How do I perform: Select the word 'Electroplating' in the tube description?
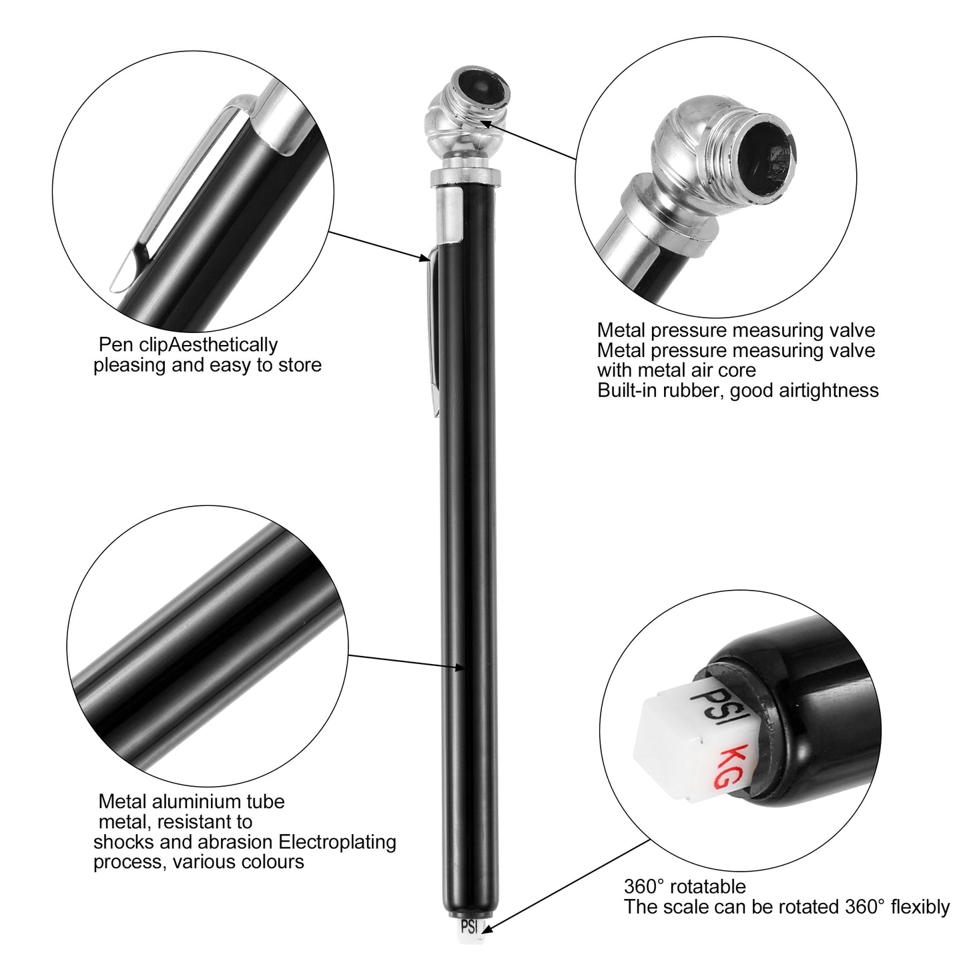click(x=337, y=842)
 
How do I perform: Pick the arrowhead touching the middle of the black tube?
click(x=458, y=667)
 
